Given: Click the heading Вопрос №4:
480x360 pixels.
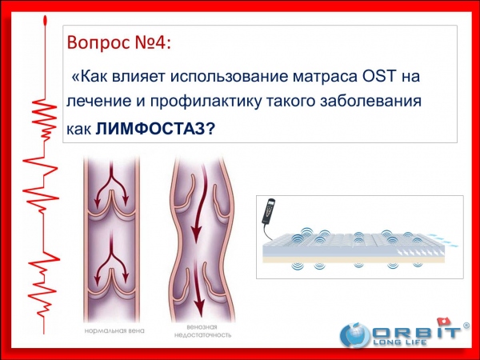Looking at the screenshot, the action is pos(118,42).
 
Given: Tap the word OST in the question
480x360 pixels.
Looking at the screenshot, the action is pos(379,76).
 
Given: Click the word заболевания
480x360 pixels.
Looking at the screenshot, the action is pos(371,102).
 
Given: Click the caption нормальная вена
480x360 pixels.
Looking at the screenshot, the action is pos(114,331).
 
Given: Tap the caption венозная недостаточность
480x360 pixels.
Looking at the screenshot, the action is pos(202,331).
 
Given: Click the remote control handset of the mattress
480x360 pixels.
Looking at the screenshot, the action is pos(269,211).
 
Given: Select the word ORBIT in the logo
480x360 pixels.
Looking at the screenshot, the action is pos(415,333).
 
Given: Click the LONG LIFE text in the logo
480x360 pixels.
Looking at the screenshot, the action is pos(400,342).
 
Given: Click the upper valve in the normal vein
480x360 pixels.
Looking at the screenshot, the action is pos(111,204).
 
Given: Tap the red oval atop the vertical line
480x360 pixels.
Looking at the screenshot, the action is pos(46,21).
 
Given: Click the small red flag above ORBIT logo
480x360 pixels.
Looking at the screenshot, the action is pos(443,322).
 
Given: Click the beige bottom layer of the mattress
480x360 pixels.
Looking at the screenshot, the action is pos(354,259).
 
